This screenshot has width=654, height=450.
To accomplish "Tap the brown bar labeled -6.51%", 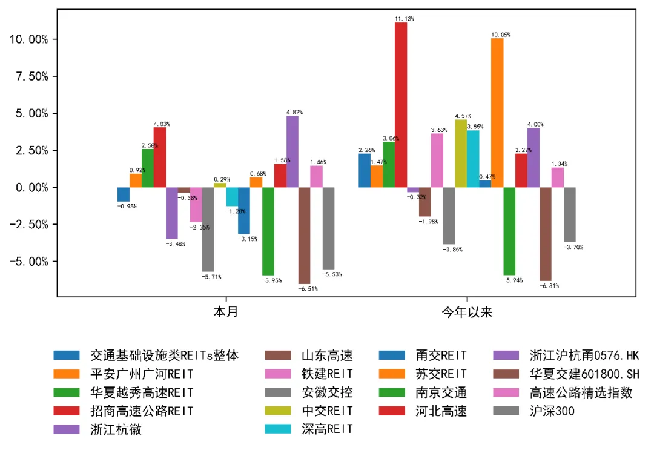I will (304, 236).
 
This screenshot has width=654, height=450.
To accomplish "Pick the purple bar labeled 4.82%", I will (292, 151).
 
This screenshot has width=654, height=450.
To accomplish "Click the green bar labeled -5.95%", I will (268, 231).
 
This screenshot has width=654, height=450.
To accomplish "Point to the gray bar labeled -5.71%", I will (208, 230).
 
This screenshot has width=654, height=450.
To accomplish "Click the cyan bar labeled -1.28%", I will (232, 197).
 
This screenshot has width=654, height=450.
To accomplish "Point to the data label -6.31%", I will (549, 286).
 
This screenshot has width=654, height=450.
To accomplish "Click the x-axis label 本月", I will (225, 313).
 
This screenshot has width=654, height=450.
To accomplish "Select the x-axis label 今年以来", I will (467, 313).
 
